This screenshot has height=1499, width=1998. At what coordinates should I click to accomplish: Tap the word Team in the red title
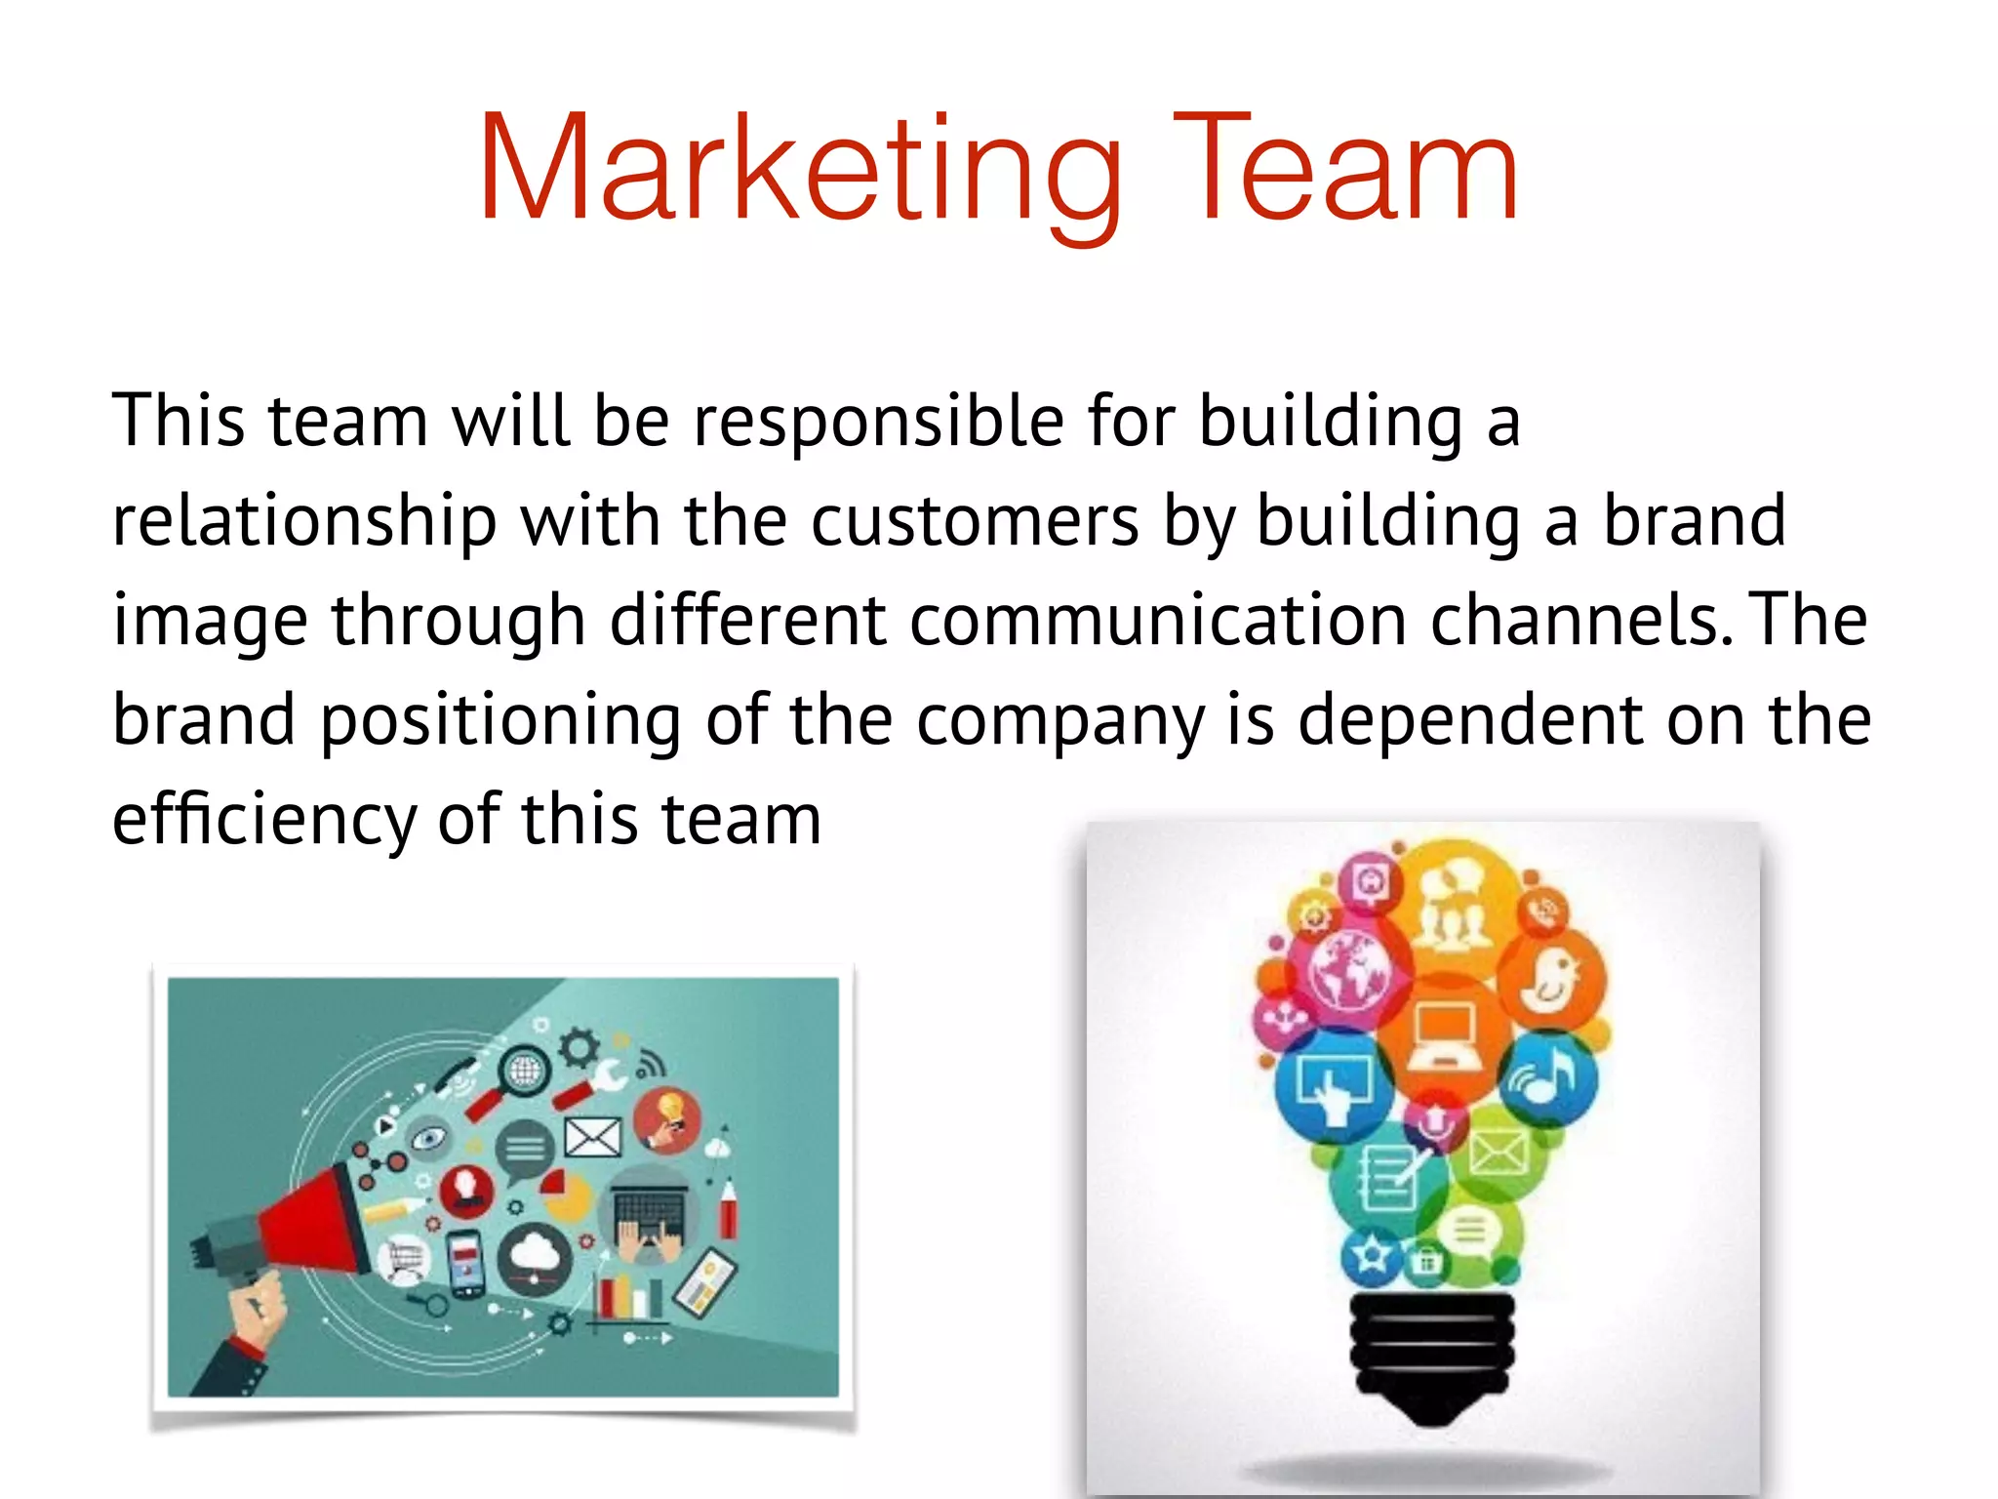(1346, 171)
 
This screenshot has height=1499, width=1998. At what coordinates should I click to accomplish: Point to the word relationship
(304, 521)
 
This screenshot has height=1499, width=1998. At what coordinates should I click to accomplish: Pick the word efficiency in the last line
(263, 820)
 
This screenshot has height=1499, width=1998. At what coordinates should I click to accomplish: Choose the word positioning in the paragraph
(500, 720)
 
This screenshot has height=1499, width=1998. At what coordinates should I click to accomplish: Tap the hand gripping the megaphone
(256, 1308)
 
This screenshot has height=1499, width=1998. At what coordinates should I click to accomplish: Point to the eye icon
(429, 1138)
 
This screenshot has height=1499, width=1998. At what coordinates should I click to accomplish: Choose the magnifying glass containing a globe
(525, 1072)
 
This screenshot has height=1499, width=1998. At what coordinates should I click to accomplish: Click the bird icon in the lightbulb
(1551, 979)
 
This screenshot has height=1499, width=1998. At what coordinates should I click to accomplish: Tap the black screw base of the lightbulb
(1431, 1352)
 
